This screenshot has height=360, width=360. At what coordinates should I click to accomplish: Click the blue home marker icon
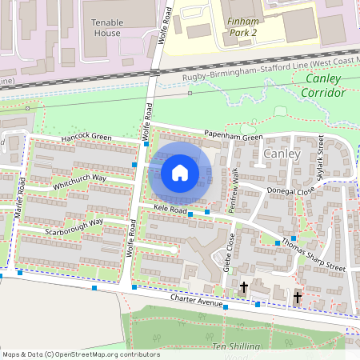tap(180, 173)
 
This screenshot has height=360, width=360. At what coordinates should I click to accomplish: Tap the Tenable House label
tap(106, 27)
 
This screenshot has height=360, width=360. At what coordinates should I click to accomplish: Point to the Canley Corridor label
tap(323, 86)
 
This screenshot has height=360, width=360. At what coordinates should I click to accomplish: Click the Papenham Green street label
tap(232, 137)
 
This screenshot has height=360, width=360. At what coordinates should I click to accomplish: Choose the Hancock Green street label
tap(87, 138)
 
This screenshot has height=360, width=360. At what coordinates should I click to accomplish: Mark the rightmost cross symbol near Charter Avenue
tap(298, 298)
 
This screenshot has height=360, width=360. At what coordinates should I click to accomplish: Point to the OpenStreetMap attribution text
tap(81, 354)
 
